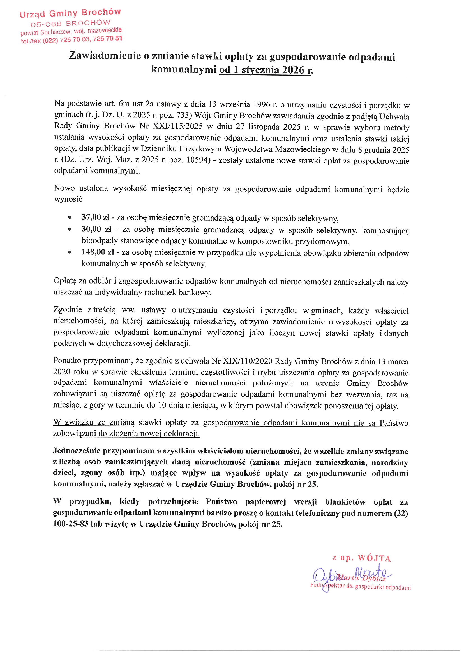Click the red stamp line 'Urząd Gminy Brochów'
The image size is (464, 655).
point(70,13)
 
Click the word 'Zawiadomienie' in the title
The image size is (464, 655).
point(105,56)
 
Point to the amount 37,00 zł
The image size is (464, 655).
point(95,217)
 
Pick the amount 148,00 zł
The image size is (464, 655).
point(98,252)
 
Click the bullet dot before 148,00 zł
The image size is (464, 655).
point(70,252)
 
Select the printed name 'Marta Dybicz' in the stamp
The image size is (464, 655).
point(362,578)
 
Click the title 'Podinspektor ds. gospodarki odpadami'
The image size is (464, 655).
point(361,587)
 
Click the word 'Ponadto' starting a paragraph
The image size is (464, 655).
point(67,361)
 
